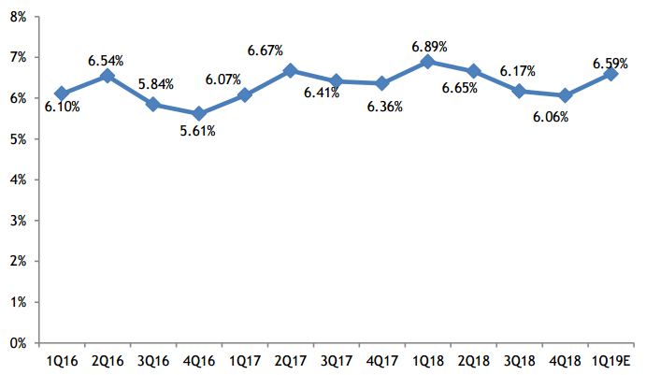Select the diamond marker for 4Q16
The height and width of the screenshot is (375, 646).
198,114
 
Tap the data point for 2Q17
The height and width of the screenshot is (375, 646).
290,70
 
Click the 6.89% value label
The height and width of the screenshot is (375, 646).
428,45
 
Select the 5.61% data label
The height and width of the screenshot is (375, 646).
198,131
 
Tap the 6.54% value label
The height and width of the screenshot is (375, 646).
107,60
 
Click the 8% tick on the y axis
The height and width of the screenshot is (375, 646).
18,16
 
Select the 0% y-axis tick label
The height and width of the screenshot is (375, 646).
18,343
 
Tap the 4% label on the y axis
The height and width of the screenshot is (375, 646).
18,180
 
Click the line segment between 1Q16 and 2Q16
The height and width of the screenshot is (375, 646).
84,85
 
